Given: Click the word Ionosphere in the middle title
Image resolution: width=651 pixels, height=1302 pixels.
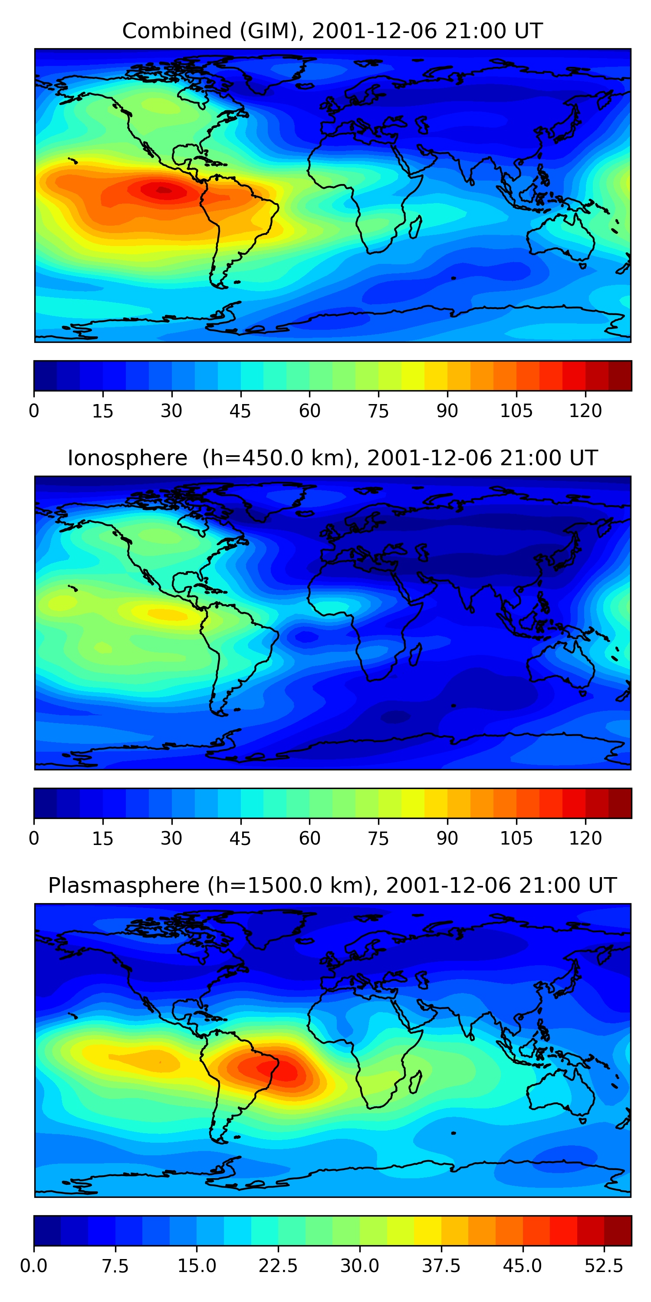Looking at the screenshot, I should [127, 458].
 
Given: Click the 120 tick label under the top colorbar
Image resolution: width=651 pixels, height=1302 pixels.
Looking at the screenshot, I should [585, 411].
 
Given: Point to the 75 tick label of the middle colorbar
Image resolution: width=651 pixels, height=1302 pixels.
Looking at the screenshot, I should [378, 838].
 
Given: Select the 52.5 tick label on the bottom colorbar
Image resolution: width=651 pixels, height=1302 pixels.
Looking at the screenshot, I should [604, 1266].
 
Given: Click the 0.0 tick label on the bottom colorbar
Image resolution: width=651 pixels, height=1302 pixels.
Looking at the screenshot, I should [34, 1266].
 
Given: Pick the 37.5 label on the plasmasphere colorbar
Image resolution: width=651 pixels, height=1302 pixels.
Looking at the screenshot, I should [441, 1266].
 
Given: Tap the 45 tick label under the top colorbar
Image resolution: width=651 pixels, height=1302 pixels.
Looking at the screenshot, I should [240, 411].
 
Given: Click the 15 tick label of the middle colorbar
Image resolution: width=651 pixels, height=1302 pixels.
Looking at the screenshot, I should [102, 838].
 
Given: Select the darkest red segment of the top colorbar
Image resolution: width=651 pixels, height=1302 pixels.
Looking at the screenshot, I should [620, 375].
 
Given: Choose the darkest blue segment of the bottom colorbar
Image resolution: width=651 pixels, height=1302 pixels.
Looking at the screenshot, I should [47, 1230].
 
